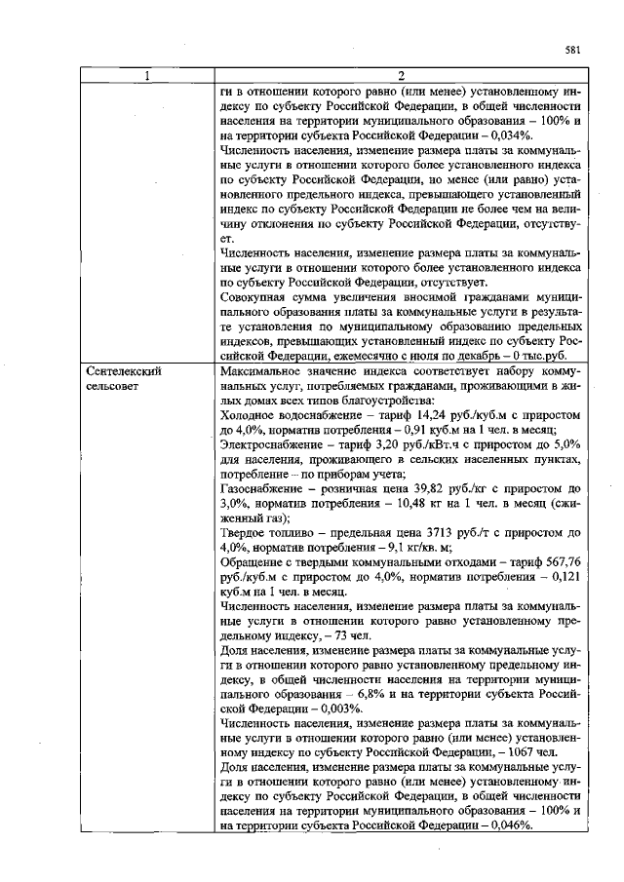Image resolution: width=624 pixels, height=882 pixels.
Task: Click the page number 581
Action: coord(572,51)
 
